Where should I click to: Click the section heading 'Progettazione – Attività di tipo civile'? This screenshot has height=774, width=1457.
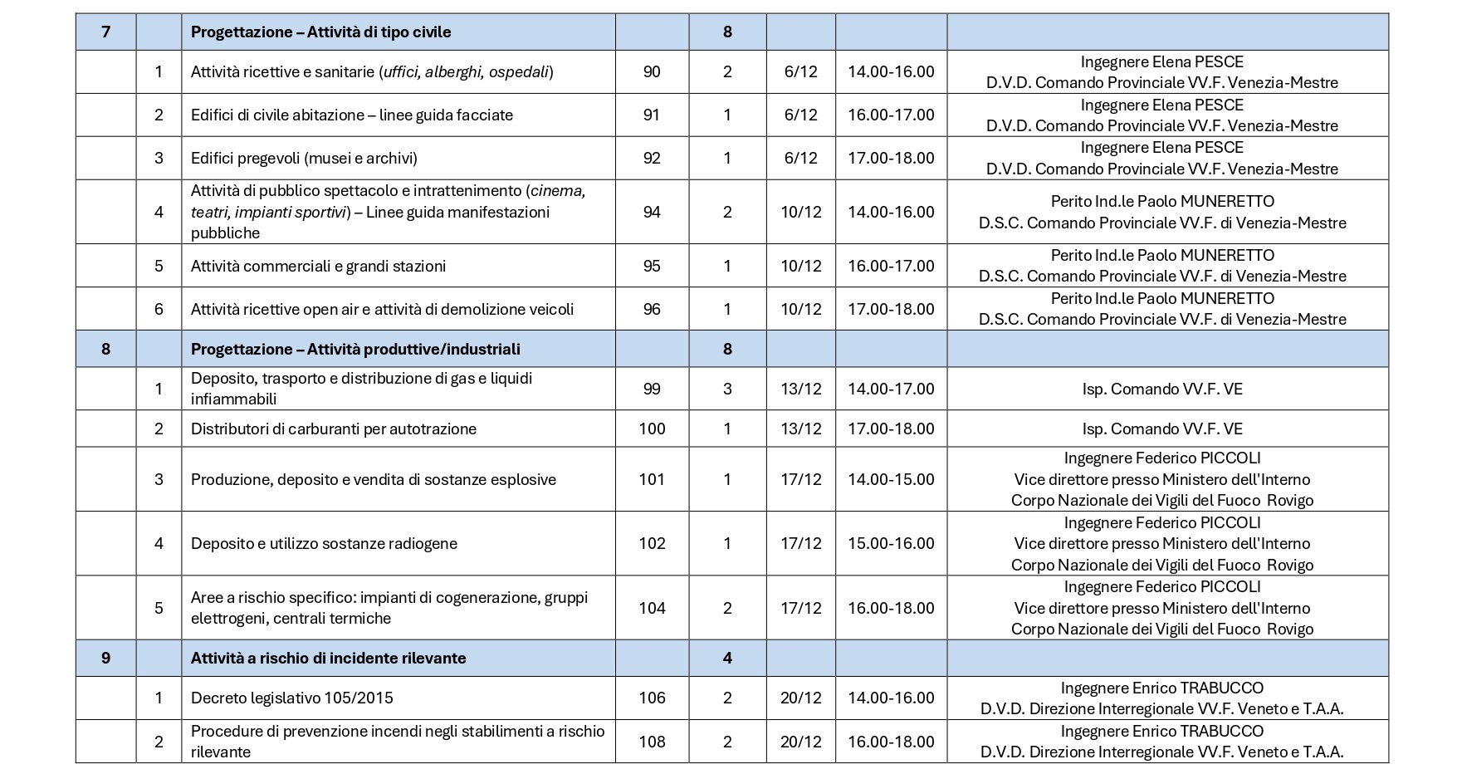coord(320,32)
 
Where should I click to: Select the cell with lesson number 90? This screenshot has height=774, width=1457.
coord(652,72)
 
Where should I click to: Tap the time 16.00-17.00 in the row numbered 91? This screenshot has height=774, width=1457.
coord(891,115)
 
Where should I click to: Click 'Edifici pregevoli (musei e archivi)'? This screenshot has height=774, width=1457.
coord(304,159)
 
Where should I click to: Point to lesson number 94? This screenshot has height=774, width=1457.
coord(652,213)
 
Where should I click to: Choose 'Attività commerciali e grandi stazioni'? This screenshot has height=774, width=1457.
coord(318,267)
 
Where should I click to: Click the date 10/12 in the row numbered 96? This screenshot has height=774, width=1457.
coord(800,310)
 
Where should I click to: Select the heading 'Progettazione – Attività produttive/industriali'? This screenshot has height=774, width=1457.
coord(355,350)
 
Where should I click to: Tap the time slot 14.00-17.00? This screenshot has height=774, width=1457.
coord(891,389)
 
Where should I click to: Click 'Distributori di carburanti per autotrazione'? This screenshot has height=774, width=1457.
coord(334,429)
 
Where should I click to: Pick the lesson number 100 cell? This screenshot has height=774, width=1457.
coord(652,429)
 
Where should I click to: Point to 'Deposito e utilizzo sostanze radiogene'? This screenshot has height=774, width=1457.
coord(324,544)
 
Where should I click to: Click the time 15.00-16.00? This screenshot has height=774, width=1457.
coord(891,544)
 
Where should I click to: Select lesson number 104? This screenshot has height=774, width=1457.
coord(652,609)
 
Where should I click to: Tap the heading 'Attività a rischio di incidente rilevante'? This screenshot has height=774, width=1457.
coord(328,659)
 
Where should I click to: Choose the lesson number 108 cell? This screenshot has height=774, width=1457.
coord(652,742)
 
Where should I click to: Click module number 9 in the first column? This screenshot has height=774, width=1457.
coord(105,659)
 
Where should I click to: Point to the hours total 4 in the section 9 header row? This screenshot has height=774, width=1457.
coord(727,659)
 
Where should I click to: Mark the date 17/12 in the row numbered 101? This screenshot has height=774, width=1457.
coord(800,480)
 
